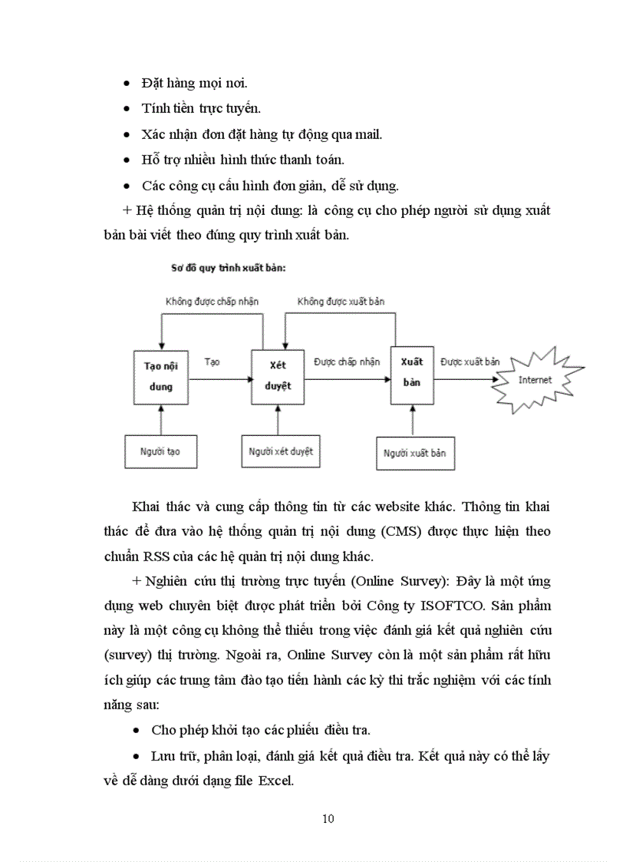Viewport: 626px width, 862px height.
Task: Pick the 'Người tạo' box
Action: point(160,451)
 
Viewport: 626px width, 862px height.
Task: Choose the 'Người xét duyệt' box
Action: point(281,451)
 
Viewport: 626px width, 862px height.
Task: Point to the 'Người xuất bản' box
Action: point(415,453)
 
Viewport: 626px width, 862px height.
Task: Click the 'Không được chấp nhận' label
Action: point(212,302)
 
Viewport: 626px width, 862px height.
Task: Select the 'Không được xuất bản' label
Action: point(341,302)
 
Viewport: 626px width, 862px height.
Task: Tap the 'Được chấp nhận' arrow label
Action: point(347,362)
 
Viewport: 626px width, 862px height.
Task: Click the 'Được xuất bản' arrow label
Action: point(469,361)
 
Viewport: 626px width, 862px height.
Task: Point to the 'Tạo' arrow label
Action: point(213,362)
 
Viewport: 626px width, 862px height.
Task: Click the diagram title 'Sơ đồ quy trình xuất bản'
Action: point(228,268)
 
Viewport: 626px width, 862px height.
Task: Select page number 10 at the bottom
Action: point(328,818)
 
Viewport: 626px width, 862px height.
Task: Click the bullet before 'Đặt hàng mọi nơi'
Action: point(127,82)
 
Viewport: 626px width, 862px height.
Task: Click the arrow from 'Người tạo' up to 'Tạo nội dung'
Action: point(160,419)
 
